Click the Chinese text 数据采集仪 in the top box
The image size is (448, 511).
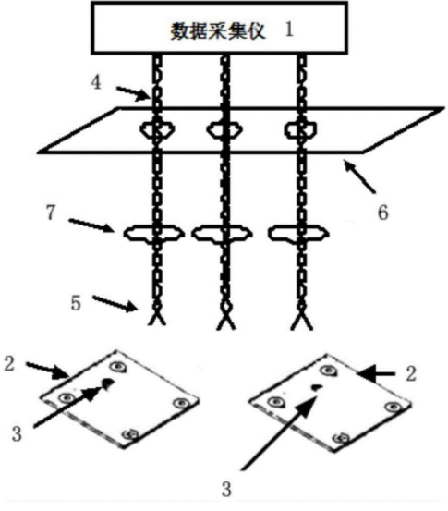[218, 31]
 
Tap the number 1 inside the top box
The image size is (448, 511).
[289, 30]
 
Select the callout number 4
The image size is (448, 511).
[96, 82]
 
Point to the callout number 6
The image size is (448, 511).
[383, 213]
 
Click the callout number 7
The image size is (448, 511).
[51, 213]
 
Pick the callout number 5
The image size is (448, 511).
[76, 303]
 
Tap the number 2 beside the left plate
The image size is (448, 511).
[9, 363]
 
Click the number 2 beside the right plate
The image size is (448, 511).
[411, 373]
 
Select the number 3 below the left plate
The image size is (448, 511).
[17, 434]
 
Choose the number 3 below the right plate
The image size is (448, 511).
[226, 490]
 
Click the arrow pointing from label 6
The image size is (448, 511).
[359, 176]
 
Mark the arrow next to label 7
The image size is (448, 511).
[91, 225]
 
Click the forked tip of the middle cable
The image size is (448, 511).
[226, 322]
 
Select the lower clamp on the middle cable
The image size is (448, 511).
[222, 234]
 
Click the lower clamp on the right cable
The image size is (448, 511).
[298, 234]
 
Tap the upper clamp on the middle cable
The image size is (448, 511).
[224, 129]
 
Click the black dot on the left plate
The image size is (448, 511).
[108, 383]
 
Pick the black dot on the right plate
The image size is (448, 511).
[316, 387]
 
